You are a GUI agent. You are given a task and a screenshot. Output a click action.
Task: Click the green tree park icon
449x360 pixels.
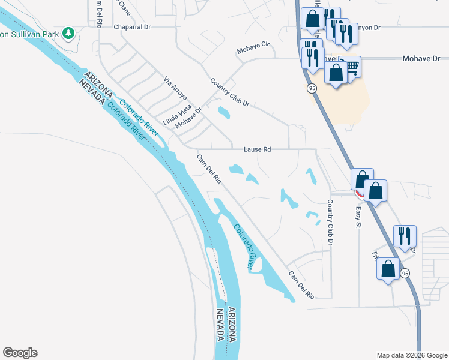(69, 32)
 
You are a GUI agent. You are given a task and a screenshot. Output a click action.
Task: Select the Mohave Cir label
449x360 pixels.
(253, 47)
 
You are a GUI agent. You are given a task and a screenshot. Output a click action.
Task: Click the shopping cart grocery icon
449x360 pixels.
(351, 66)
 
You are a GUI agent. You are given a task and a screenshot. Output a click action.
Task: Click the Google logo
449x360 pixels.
(20, 353)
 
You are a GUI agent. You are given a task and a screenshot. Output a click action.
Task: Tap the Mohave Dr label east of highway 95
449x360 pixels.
(420, 59)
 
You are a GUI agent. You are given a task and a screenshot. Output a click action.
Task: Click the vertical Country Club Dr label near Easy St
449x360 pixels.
(330, 222)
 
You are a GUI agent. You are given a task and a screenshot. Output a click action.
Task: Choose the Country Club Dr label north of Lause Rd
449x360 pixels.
(229, 92)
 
